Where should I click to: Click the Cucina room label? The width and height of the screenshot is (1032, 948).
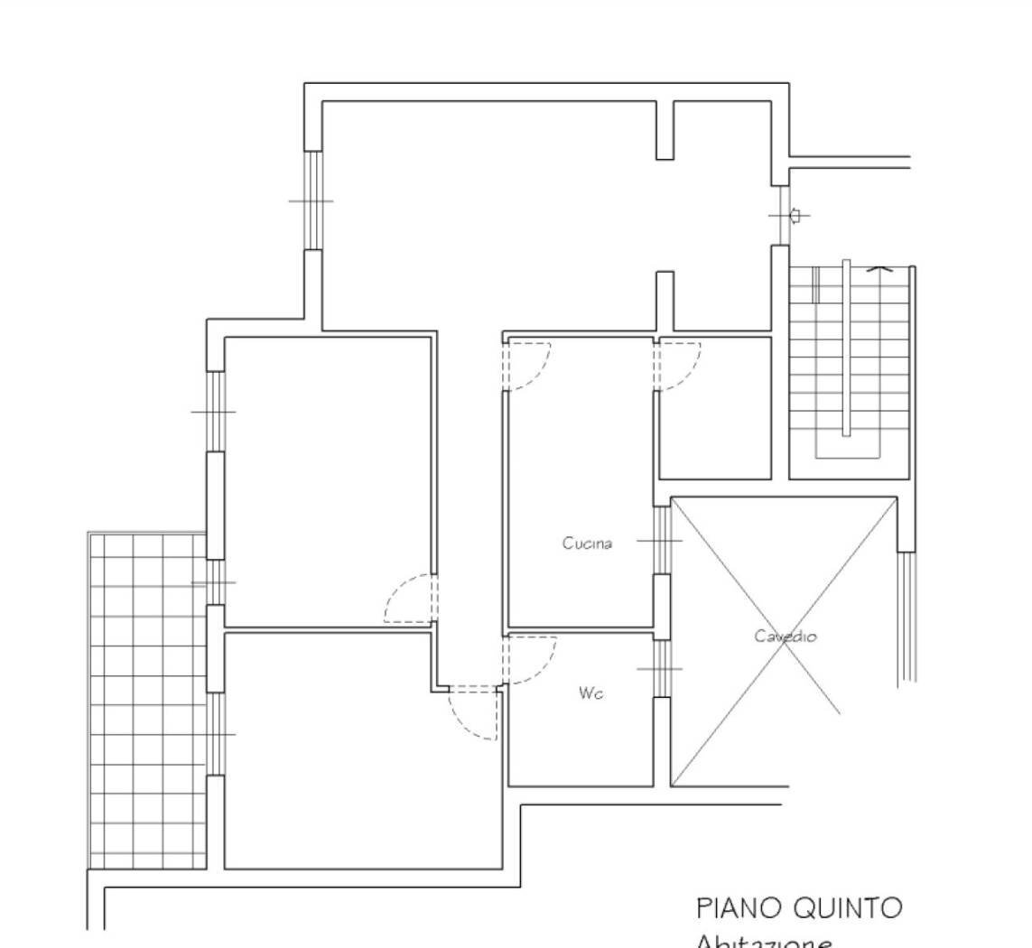click(587, 544)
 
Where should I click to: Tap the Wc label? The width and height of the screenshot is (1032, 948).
click(591, 693)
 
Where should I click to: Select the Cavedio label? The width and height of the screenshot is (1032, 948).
click(786, 637)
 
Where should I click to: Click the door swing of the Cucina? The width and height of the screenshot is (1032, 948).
click(528, 366)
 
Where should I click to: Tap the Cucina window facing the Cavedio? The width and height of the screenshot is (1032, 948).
click(661, 540)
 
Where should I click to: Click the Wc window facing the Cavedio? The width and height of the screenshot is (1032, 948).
click(661, 668)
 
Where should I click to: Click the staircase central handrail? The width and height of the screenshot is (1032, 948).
click(846, 348)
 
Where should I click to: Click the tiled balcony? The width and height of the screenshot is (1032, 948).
click(146, 700)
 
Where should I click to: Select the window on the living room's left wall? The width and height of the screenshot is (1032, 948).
click(312, 200)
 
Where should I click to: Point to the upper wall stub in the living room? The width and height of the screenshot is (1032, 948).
click(665, 130)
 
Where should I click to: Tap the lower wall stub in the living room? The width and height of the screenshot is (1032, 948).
click(665, 301)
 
